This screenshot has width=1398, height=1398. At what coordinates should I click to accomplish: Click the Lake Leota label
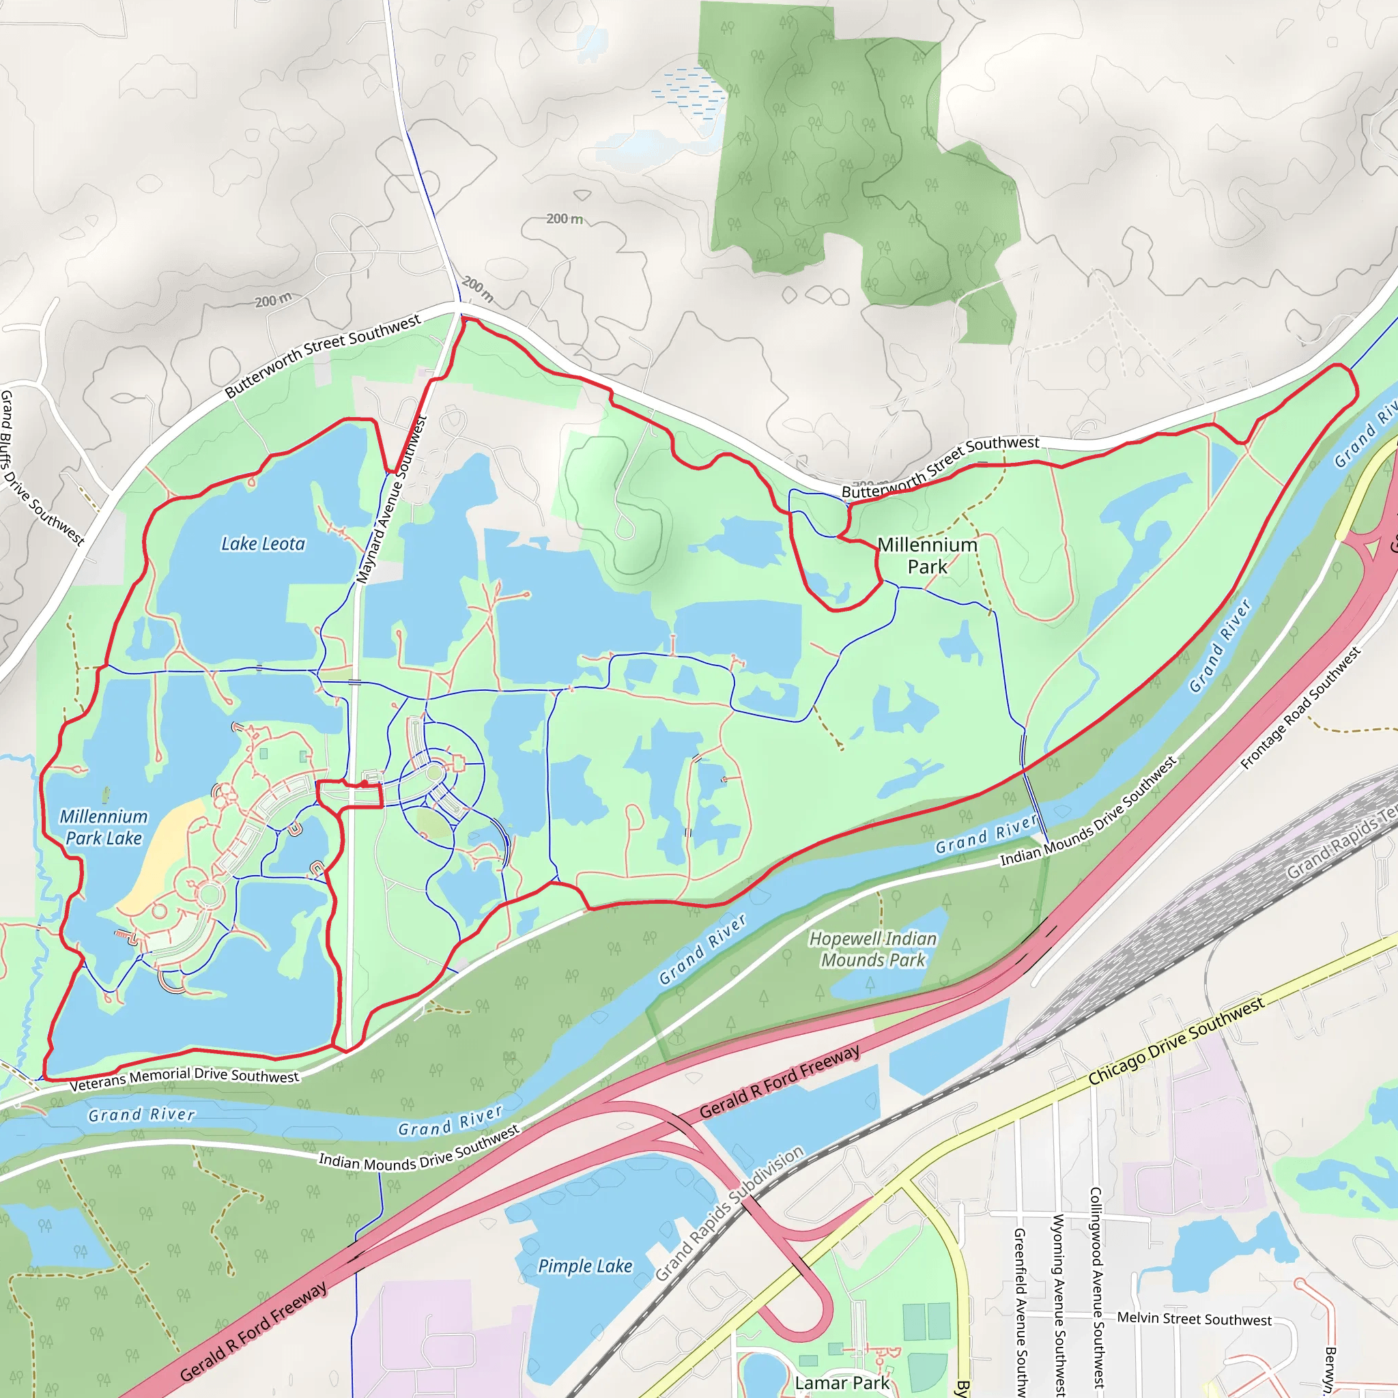point(263,543)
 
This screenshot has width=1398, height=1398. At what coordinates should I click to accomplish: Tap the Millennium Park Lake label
point(104,827)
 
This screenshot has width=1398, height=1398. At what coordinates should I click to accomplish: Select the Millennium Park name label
point(927,556)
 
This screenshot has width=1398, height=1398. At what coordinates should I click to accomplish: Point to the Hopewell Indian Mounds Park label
point(872,950)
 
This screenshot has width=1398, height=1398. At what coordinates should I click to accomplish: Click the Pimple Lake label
point(585,1266)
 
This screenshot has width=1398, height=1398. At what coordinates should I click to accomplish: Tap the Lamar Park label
point(842,1383)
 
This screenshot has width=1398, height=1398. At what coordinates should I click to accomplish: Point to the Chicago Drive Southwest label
point(1177,1040)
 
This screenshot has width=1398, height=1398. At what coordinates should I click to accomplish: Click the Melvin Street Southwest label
point(1194,1318)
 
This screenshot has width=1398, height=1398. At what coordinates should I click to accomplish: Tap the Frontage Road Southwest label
point(1300,709)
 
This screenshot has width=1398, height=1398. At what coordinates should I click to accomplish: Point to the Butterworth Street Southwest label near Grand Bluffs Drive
point(323,356)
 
